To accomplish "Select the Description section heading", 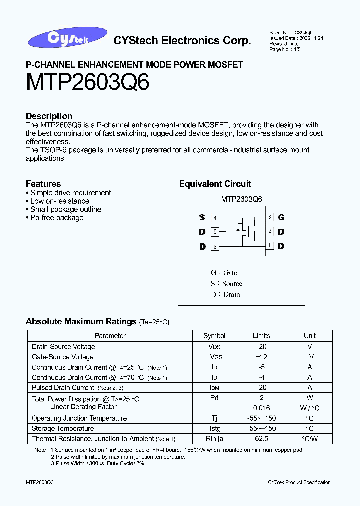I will [49, 116].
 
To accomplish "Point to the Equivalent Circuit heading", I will [215, 184].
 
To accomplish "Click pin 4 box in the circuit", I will [215, 218].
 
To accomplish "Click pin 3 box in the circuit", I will [270, 217].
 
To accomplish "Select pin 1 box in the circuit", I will [270, 245].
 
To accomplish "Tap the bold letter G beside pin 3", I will [281, 217].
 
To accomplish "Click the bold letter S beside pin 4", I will [202, 217].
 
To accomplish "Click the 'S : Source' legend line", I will [226, 284].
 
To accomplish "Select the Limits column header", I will [261, 336].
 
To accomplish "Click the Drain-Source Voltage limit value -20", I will [261, 346].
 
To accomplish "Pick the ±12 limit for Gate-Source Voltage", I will [261, 357].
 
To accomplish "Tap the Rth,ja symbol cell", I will [214, 439].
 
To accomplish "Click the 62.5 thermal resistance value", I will [261, 439].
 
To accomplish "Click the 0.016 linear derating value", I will [261, 408].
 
